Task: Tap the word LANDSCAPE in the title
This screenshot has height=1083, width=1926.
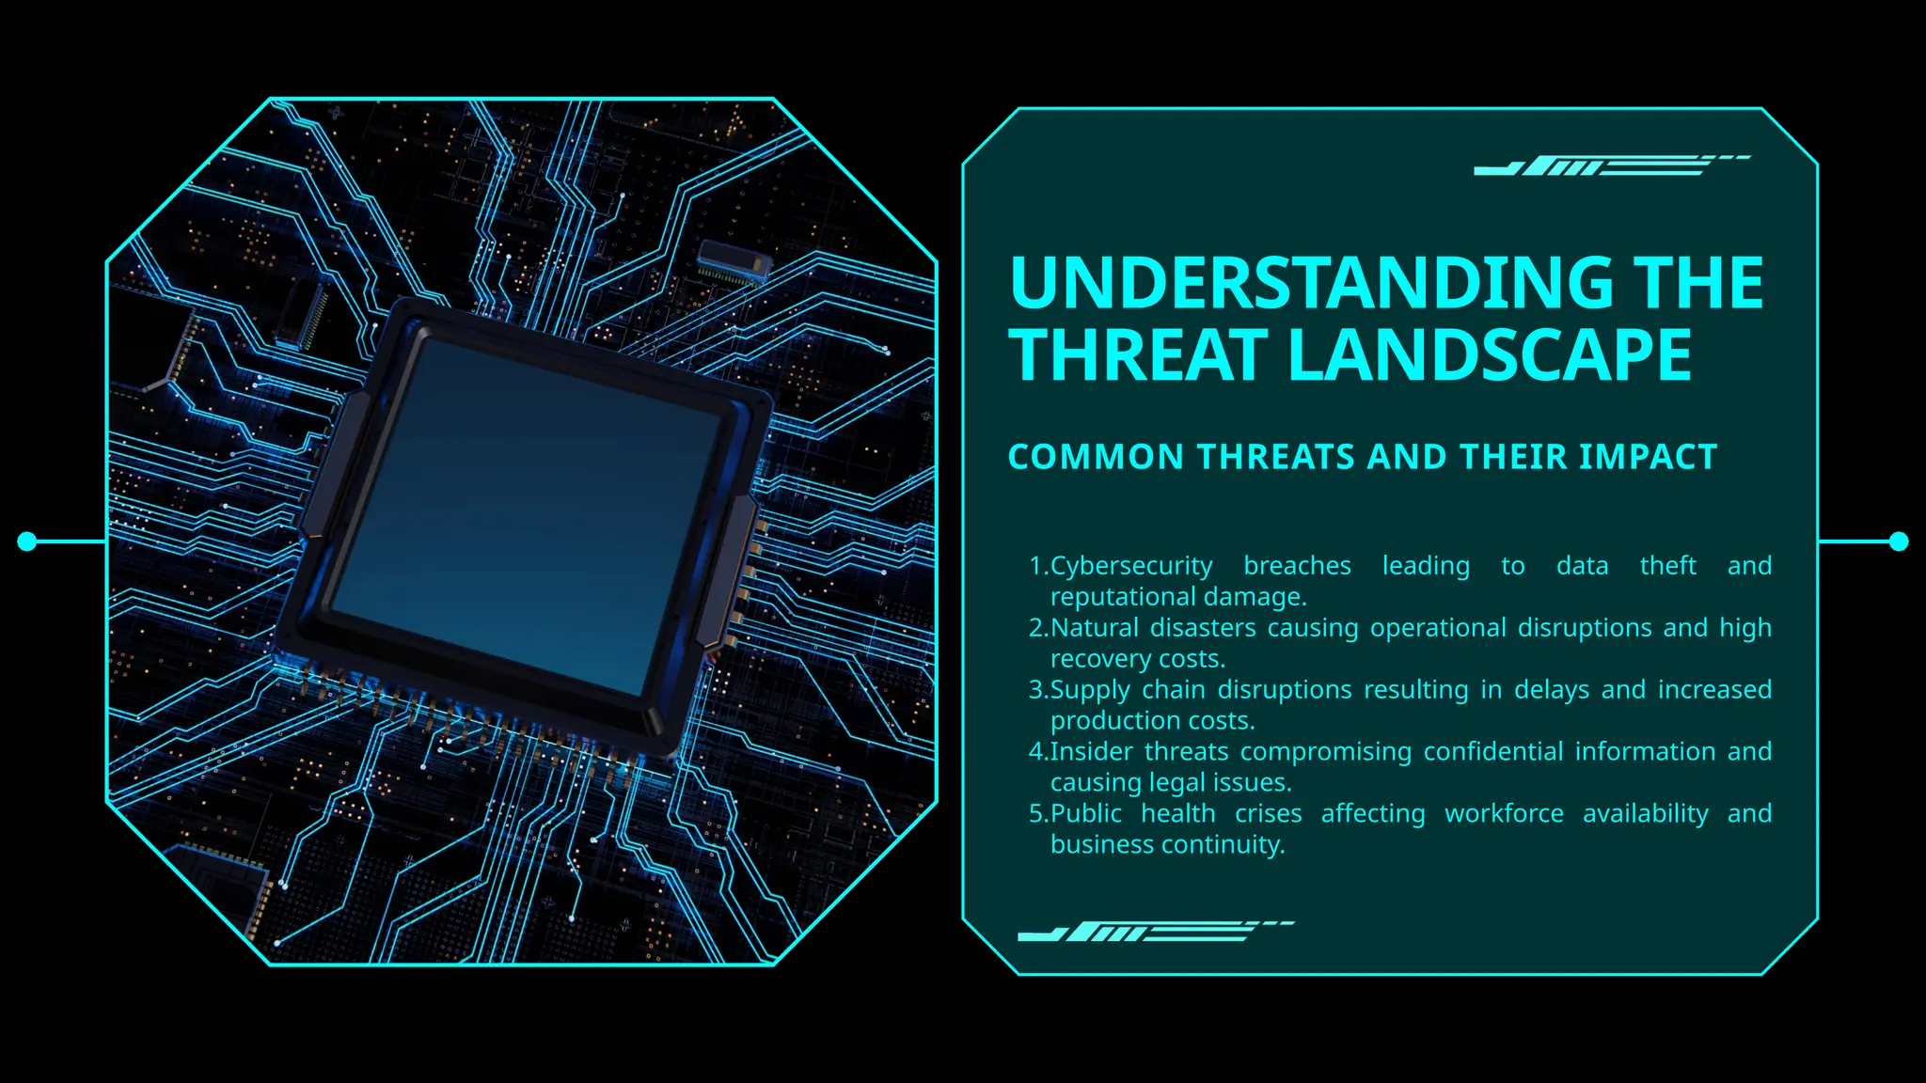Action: tap(1490, 355)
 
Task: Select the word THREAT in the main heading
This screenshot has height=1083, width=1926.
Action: tap(1139, 355)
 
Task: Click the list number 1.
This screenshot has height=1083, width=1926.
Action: tap(1036, 566)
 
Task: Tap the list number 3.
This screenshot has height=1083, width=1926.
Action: tap(1036, 690)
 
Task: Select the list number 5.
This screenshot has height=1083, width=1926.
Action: tap(1036, 814)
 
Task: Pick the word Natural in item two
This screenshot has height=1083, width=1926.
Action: tap(1094, 628)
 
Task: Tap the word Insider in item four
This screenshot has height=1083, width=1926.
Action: tap(1091, 752)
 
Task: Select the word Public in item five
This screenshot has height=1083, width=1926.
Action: tap(1085, 814)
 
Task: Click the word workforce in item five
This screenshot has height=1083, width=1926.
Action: tap(1504, 814)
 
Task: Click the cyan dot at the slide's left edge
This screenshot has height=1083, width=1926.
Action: tap(27, 541)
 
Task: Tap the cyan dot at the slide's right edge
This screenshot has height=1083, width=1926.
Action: tap(1899, 541)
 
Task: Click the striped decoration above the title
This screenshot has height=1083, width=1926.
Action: tap(1610, 165)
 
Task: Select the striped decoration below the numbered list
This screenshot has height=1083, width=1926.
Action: tap(1155, 932)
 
